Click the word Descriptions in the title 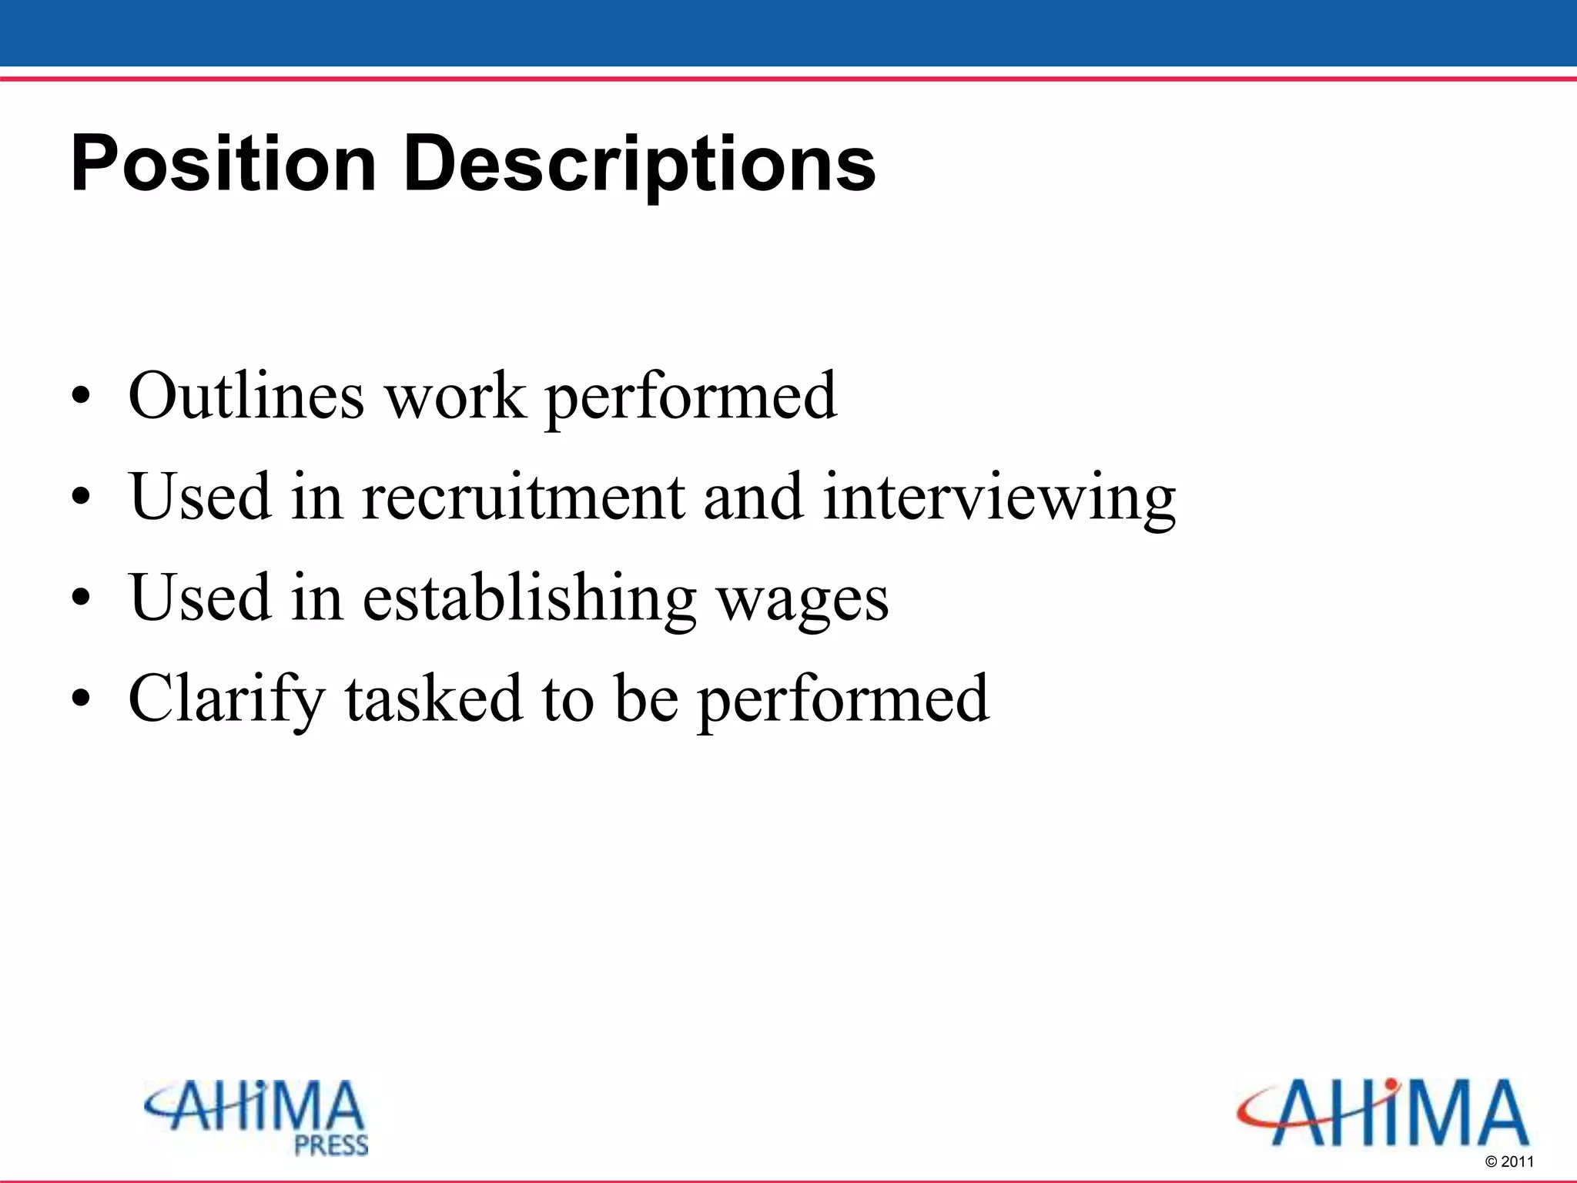point(639,164)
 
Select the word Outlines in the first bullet point(246,396)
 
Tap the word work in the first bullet point(455,396)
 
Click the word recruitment point(524,497)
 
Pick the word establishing point(529,599)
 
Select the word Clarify point(226,699)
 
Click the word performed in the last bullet point(842,699)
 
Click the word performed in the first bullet point(691,397)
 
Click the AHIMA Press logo point(256,1116)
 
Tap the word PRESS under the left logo point(332,1145)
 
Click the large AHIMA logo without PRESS point(1383,1112)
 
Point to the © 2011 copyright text point(1509,1161)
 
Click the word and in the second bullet point(752,497)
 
